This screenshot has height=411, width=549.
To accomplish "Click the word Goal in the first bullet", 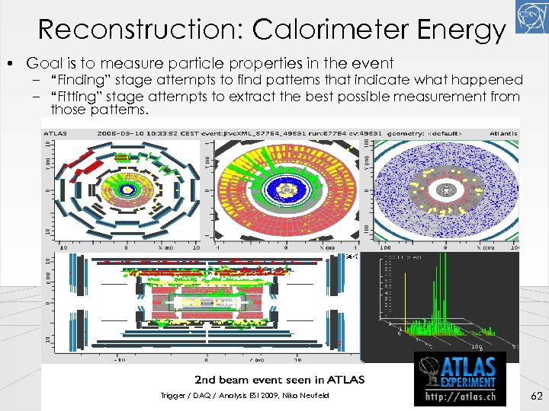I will point(43,63).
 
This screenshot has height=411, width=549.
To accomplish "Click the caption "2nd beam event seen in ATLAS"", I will point(280,379).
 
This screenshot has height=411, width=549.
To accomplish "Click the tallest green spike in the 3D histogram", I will point(436,293).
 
